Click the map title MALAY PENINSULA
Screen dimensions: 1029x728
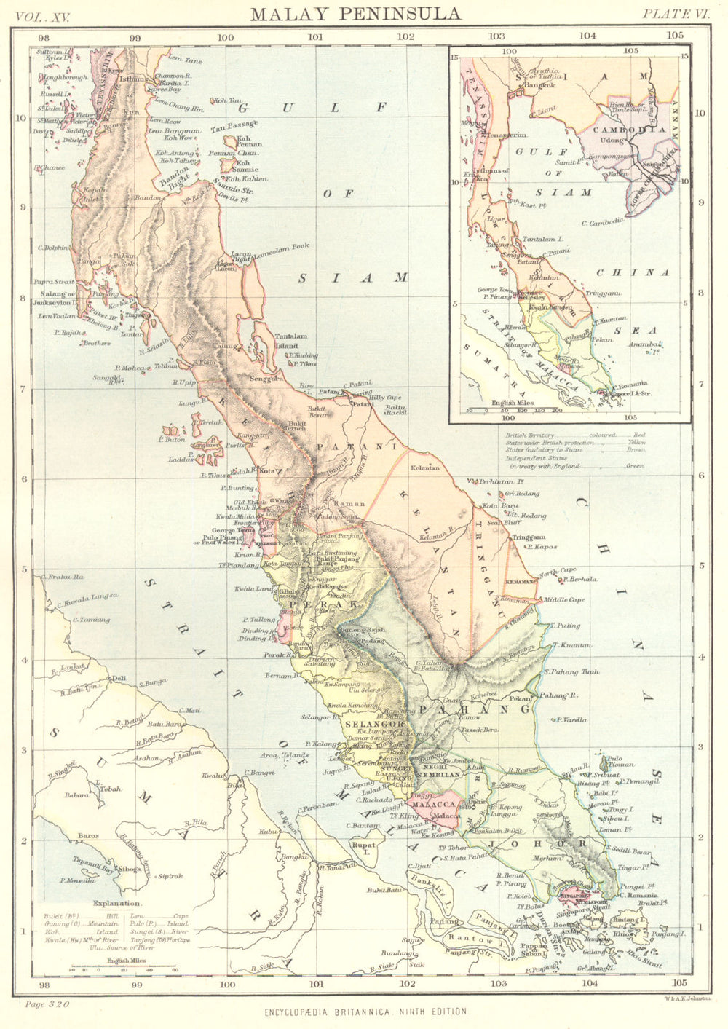355,14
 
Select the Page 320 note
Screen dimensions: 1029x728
47,1004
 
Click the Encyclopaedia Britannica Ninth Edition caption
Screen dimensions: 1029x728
367,1012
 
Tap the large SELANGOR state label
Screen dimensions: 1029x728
374,725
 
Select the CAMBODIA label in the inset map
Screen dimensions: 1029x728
625,129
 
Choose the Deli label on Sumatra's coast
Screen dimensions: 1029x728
117,678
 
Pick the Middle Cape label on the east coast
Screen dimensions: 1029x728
564,600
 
